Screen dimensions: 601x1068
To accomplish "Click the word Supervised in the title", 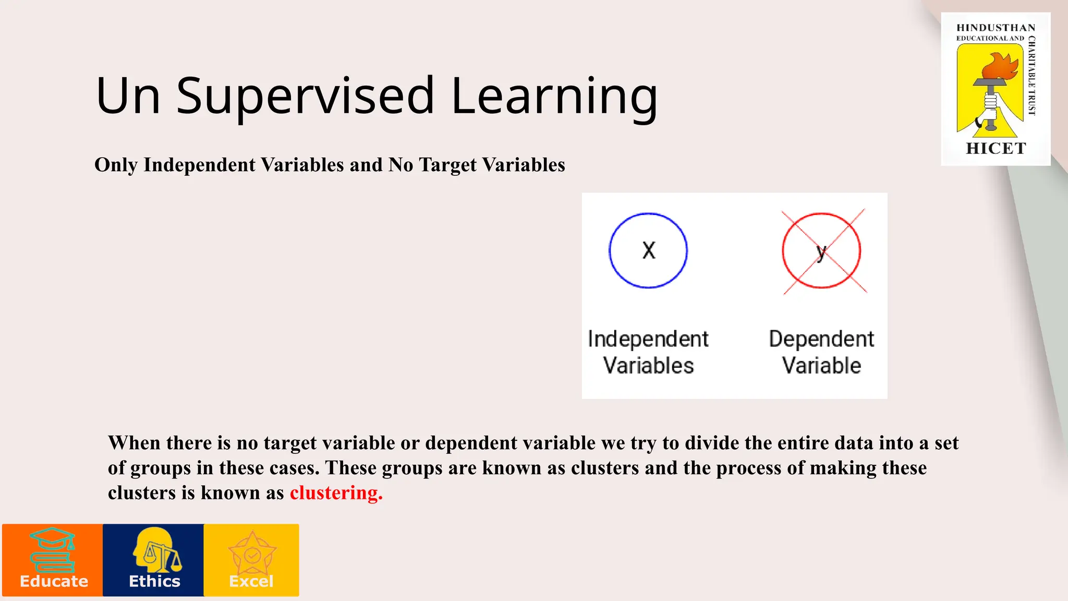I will click(x=305, y=97).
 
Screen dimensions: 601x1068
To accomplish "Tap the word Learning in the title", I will click(x=554, y=97).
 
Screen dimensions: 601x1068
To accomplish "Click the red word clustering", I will click(x=336, y=493).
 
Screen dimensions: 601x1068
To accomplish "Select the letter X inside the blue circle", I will click(x=648, y=250).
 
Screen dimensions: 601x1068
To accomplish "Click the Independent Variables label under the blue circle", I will click(x=648, y=352).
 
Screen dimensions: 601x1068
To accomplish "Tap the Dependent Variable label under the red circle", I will click(x=821, y=352).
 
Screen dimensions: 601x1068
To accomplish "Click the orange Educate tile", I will click(x=53, y=560).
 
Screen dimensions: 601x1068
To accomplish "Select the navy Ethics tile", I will click(x=153, y=560).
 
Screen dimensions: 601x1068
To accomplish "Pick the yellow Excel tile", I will click(x=251, y=560).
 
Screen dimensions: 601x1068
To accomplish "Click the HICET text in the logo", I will click(x=996, y=149).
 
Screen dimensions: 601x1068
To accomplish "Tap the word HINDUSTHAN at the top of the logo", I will click(x=996, y=28).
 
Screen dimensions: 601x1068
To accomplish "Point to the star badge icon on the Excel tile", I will click(x=252, y=554).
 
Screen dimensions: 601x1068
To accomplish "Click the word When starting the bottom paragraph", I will click(x=134, y=443).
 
